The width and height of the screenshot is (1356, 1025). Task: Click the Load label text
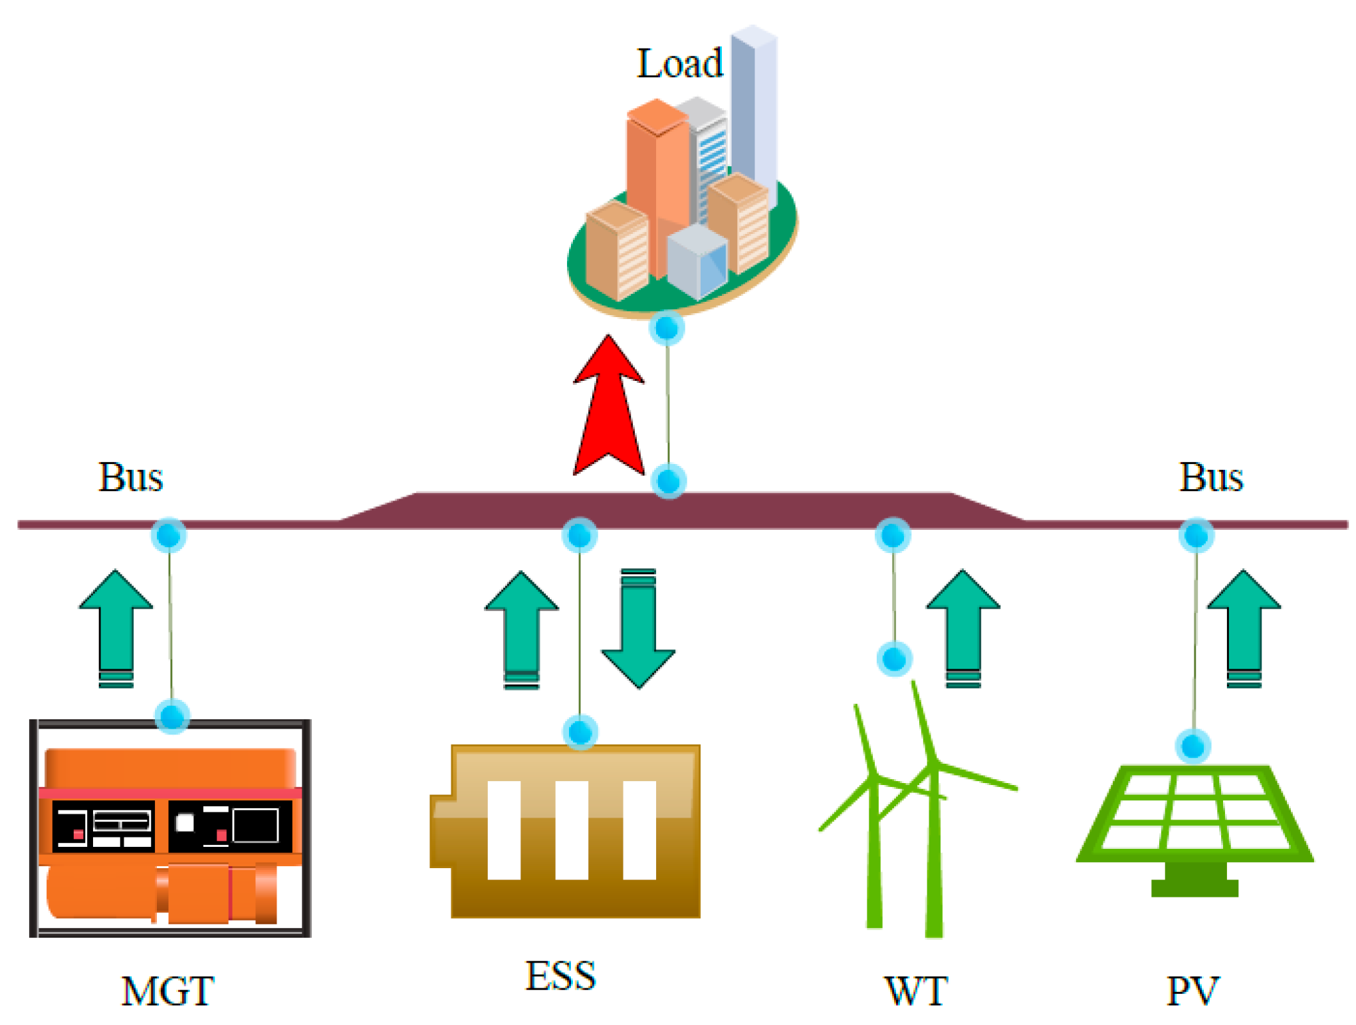tap(679, 64)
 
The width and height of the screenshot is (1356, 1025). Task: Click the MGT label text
tap(168, 991)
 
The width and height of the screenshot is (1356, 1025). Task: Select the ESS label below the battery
tap(560, 976)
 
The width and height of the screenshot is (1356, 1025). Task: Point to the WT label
tap(915, 991)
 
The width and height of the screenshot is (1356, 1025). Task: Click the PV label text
tap(1192, 991)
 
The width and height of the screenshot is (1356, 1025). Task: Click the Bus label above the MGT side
tap(130, 477)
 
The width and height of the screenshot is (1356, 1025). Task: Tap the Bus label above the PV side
tap(1210, 477)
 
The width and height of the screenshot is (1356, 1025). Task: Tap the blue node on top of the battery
tap(580, 732)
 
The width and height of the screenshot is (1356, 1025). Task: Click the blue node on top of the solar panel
tap(1193, 746)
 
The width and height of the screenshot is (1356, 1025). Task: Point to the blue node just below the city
tap(667, 328)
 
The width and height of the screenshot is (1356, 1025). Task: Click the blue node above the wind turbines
tap(894, 659)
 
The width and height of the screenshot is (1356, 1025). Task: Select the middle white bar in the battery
tap(572, 830)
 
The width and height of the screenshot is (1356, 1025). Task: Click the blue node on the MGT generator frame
tap(172, 716)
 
